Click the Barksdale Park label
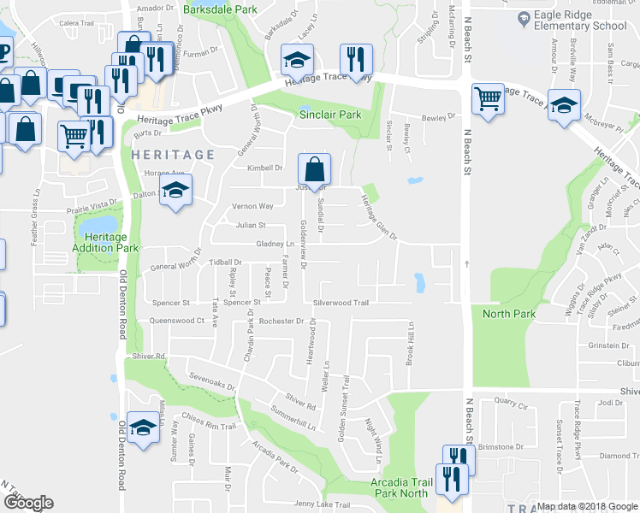220,9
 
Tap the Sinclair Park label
329,115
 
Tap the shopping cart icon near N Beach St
488,99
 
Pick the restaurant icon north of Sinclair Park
352,59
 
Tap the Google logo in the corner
28,503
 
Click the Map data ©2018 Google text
587,507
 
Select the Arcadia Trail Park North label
399,488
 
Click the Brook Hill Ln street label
411,344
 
